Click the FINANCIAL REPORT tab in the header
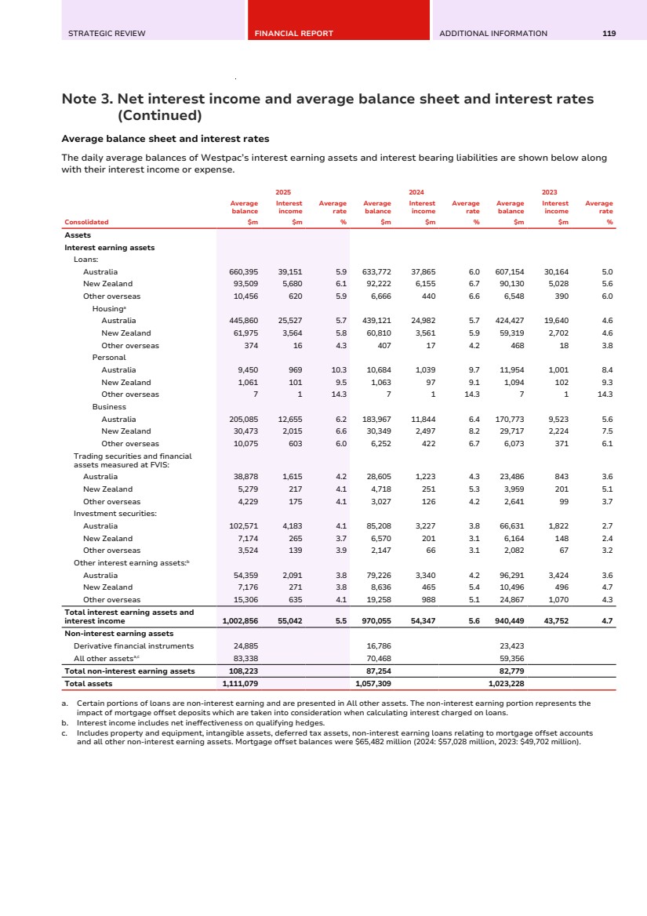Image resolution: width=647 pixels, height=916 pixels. coord(293,34)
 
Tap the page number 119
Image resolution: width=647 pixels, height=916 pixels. coord(609,34)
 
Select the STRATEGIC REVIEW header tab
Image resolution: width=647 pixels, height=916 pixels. coord(107,34)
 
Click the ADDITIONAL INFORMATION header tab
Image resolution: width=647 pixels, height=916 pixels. coord(493,34)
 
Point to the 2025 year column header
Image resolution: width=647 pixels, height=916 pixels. coord(283,191)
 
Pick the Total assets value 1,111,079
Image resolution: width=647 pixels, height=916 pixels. coord(240,683)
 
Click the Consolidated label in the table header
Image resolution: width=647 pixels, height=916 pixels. coord(86,222)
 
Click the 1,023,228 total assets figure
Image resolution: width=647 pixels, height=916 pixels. coord(507,683)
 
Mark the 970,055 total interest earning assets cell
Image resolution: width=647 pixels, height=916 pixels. coord(375,621)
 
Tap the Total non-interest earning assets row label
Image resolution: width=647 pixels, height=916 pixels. coord(129,671)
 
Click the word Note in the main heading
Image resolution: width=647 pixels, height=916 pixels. coord(82,99)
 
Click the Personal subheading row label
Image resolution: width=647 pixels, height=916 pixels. coord(109,358)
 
